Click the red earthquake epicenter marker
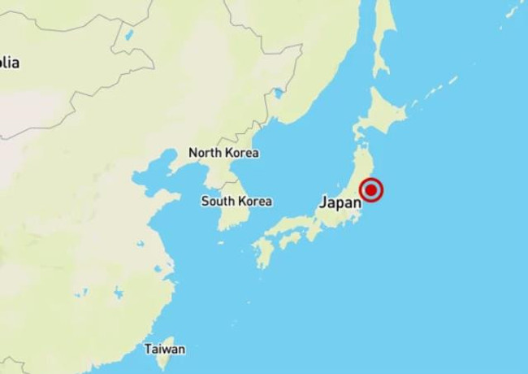(371, 189)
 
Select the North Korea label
(223, 153)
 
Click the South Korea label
(236, 202)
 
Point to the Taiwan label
(165, 349)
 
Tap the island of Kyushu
(263, 253)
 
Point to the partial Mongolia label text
(10, 62)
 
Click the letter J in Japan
(324, 202)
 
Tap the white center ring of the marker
(371, 189)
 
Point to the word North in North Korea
(206, 153)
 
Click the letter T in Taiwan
(149, 349)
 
